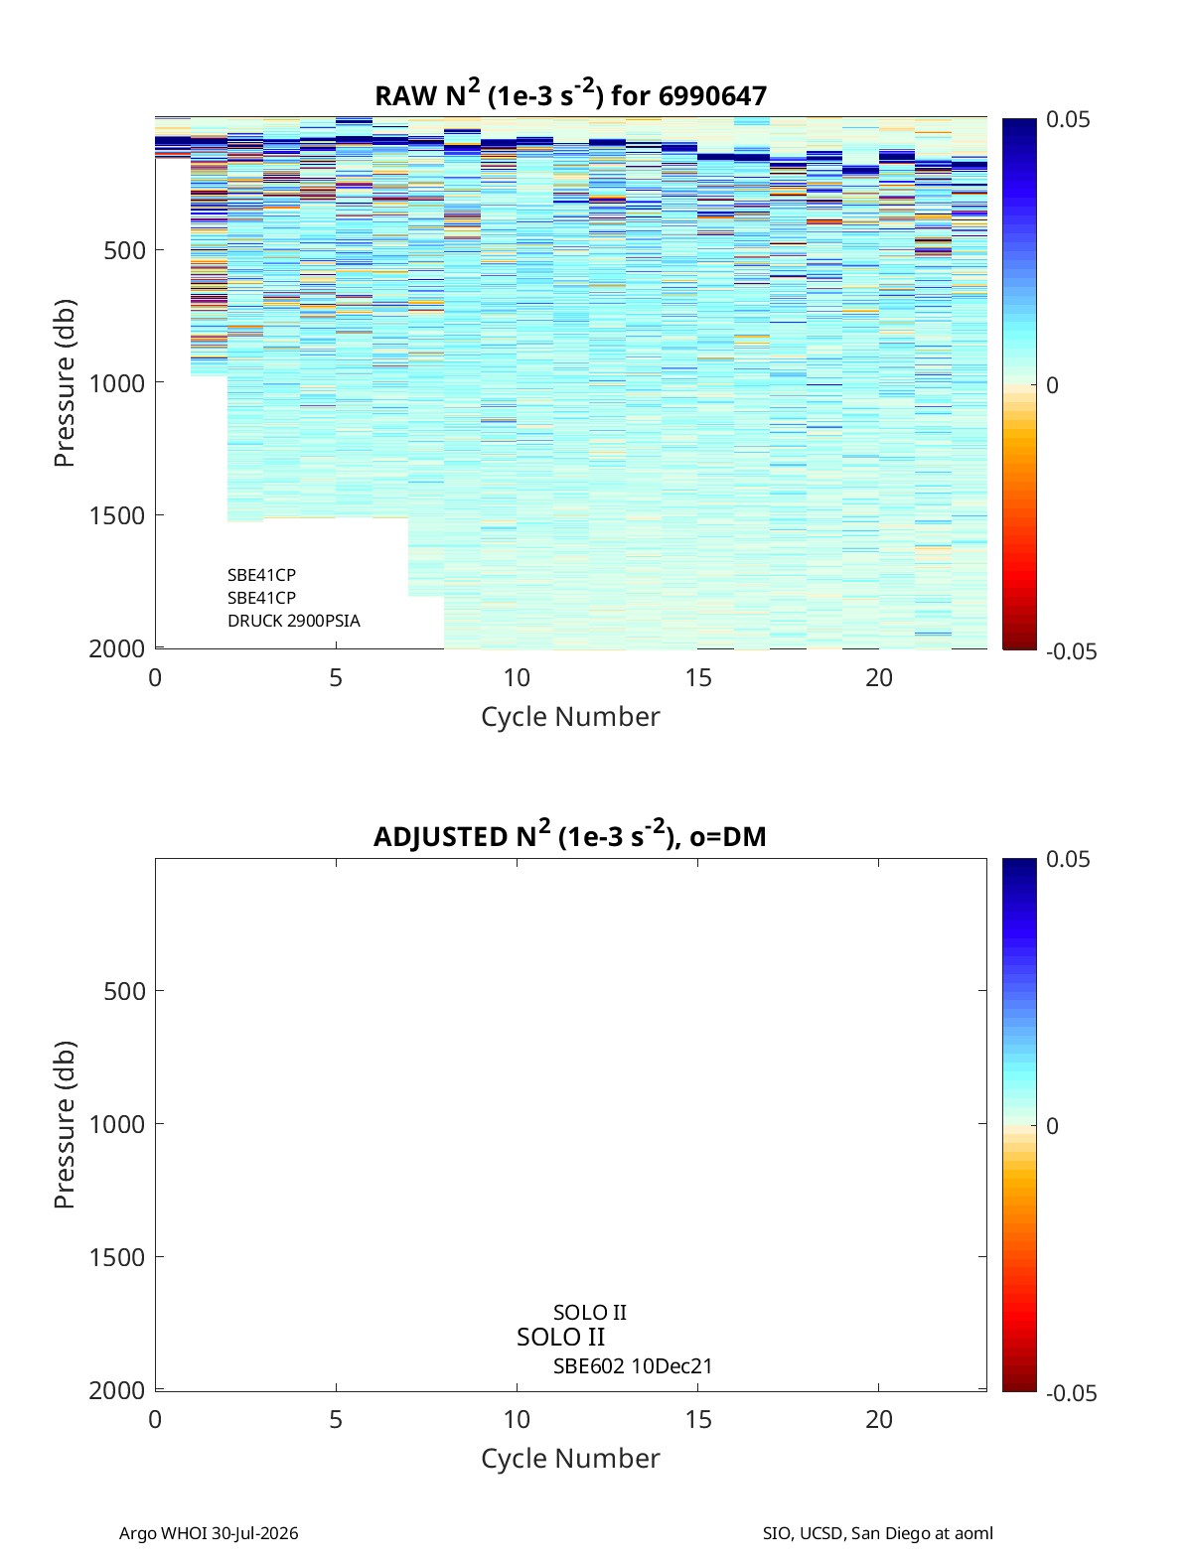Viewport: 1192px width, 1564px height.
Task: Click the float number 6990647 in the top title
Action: click(x=712, y=96)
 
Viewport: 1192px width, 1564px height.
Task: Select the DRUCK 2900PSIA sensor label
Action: click(x=294, y=621)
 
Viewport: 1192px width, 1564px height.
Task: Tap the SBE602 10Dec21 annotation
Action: click(x=632, y=1366)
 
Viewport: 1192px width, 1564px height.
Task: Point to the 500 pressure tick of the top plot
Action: click(x=124, y=250)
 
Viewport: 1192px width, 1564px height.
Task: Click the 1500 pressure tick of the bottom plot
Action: click(x=117, y=1257)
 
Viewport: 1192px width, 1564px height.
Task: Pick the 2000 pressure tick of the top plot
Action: click(x=117, y=648)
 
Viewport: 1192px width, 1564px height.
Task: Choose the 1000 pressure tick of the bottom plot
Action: click(x=117, y=1124)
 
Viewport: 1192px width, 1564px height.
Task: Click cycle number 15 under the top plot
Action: click(x=698, y=677)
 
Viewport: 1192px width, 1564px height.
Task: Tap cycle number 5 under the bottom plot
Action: click(x=336, y=1419)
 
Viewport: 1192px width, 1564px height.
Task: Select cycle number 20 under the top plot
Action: click(x=878, y=677)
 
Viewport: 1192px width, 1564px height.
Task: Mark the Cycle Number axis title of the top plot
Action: click(x=570, y=717)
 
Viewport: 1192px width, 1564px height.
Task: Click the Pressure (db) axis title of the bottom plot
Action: click(x=65, y=1124)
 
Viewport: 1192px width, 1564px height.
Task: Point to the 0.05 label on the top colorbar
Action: click(x=1067, y=119)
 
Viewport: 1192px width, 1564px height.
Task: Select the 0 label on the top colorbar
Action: click(x=1052, y=385)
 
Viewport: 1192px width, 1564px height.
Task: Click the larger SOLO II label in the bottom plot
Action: click(x=560, y=1337)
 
